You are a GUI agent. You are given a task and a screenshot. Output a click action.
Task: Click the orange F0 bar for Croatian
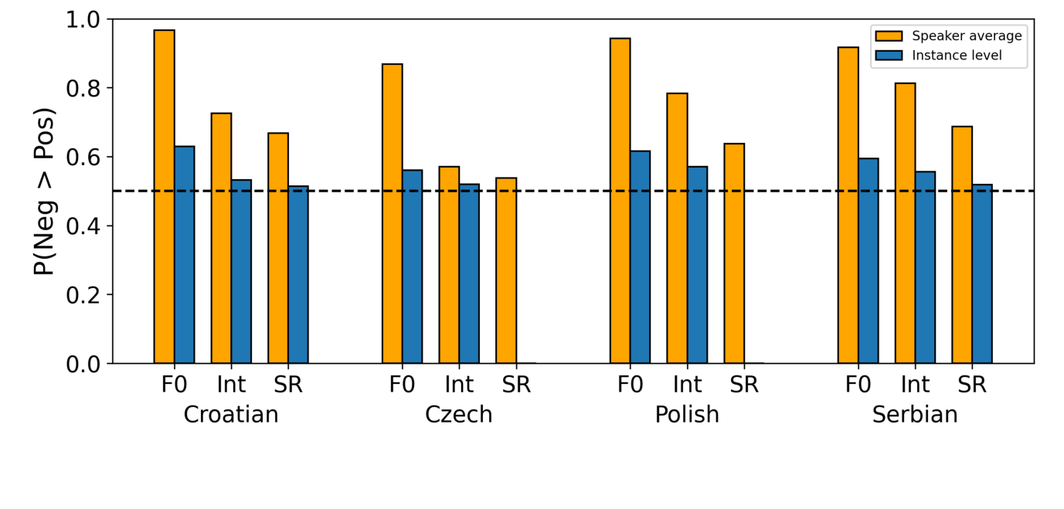pos(164,197)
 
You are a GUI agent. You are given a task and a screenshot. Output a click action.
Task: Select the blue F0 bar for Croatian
pos(184,255)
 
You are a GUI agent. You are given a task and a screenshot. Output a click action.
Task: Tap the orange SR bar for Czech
pos(506,270)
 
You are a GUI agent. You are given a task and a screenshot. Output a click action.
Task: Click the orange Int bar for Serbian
pos(905,223)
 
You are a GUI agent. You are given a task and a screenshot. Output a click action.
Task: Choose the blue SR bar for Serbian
pos(982,274)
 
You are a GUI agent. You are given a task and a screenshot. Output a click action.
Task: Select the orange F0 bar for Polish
pos(620,201)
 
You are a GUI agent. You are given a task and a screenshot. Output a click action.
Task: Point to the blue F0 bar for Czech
pos(412,266)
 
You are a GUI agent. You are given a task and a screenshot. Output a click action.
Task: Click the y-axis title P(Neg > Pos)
pos(44,191)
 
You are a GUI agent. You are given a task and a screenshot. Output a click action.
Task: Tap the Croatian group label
pos(230,415)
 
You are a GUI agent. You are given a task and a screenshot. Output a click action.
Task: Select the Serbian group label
pos(915,415)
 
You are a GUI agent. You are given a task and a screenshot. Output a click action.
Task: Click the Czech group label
pos(458,415)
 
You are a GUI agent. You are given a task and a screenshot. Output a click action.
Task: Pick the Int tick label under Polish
pos(687,385)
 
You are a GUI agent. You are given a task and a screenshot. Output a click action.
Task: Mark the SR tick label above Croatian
pos(287,385)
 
